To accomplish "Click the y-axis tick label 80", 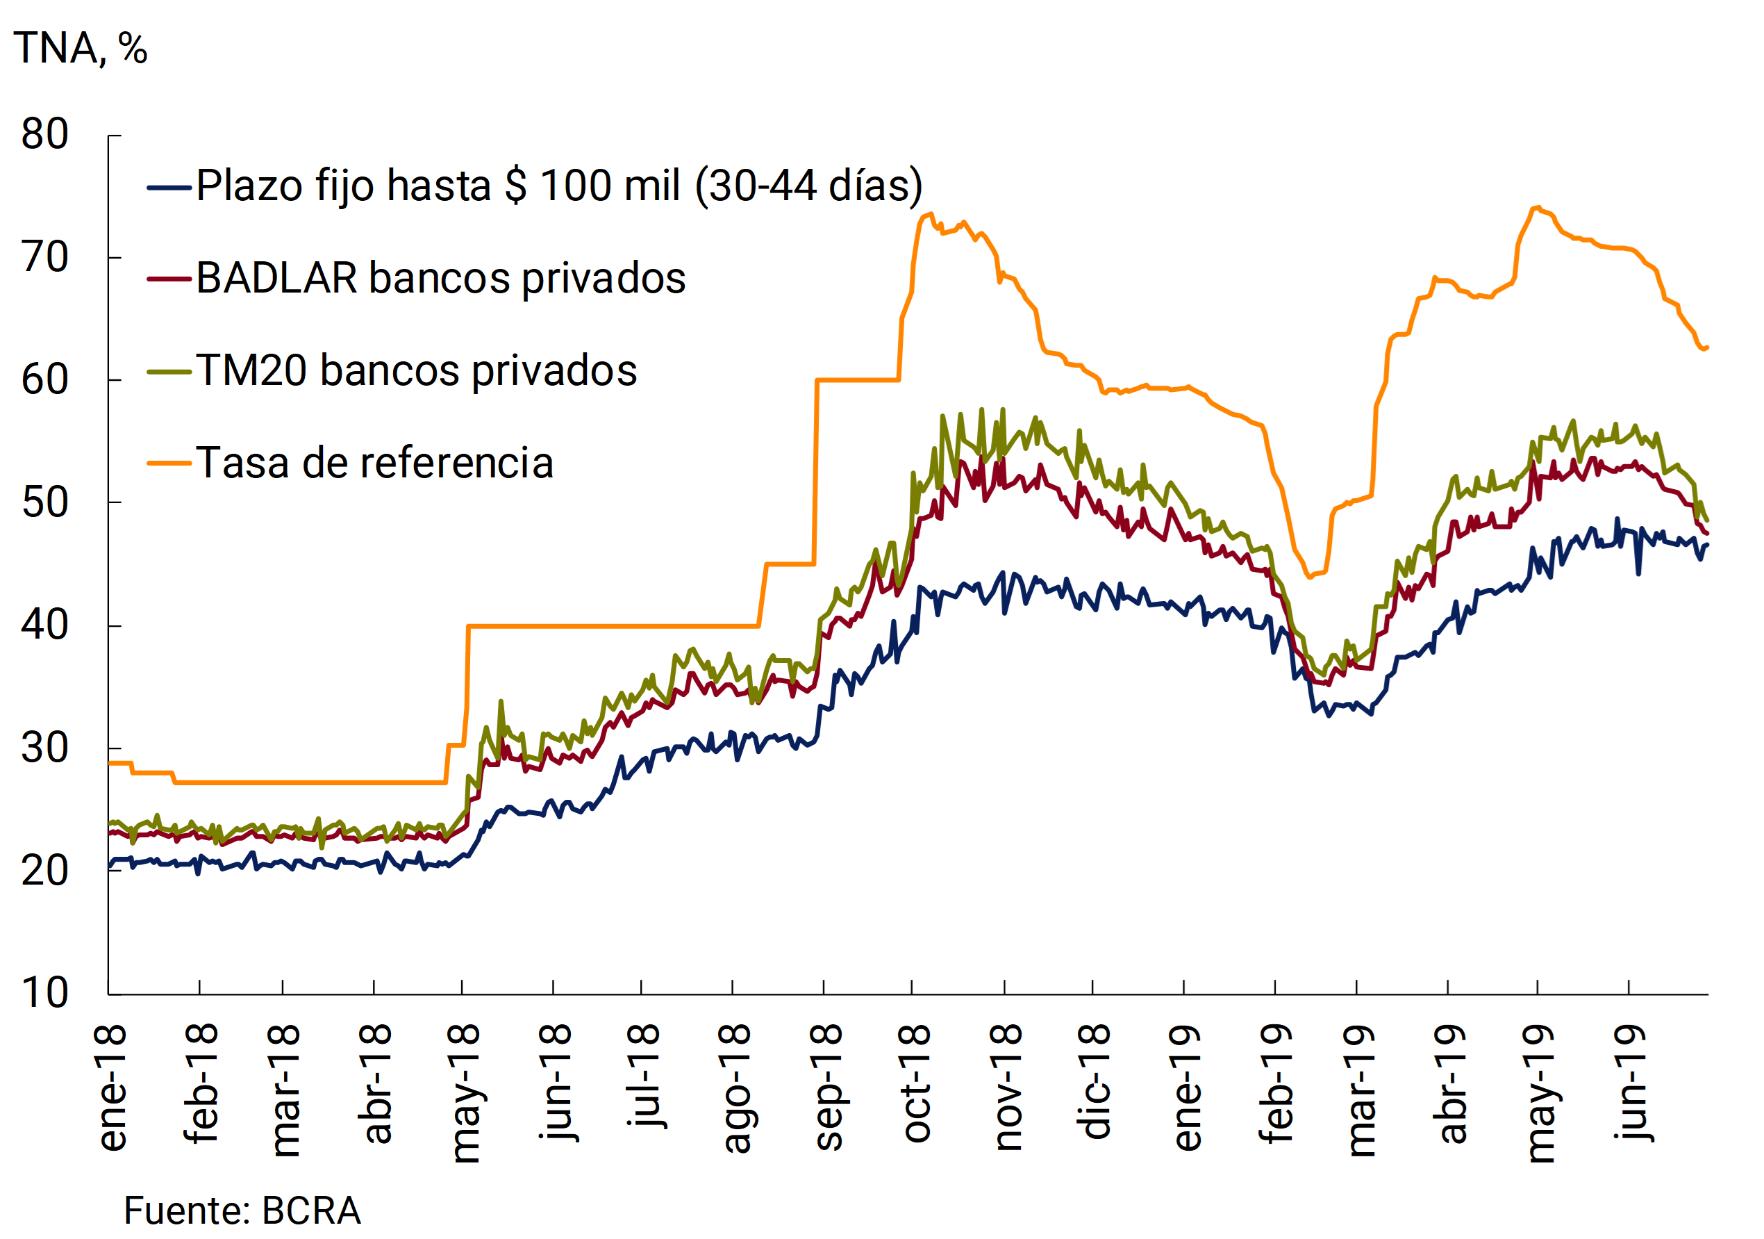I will [44, 135].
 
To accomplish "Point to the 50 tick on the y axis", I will [44, 503].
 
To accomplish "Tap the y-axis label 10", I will [44, 993].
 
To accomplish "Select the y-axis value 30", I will [44, 748].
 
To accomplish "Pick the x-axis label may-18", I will [465, 1092].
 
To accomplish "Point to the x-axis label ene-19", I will [1186, 1087].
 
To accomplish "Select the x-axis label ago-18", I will [736, 1088].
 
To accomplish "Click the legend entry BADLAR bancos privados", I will [440, 277].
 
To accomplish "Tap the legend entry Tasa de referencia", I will [374, 463].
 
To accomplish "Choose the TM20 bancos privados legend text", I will [417, 370].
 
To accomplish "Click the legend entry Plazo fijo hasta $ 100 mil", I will [558, 186].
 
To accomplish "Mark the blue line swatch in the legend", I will [168, 187].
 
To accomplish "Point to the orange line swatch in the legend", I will [168, 463].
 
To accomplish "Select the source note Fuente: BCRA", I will [242, 1211].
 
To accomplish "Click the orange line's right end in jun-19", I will [1706, 347].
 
